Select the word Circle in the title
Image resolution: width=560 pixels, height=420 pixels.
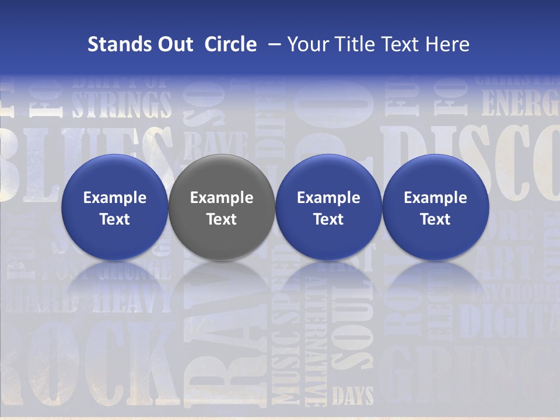coord(230,44)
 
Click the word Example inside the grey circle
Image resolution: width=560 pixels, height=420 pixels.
coord(222,198)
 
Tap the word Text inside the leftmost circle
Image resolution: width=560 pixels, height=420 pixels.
coord(114,219)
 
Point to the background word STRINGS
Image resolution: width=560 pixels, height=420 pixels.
coord(122,104)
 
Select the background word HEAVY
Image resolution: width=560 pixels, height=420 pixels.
coord(125,300)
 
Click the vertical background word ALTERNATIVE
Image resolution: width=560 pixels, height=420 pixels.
coord(315,344)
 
